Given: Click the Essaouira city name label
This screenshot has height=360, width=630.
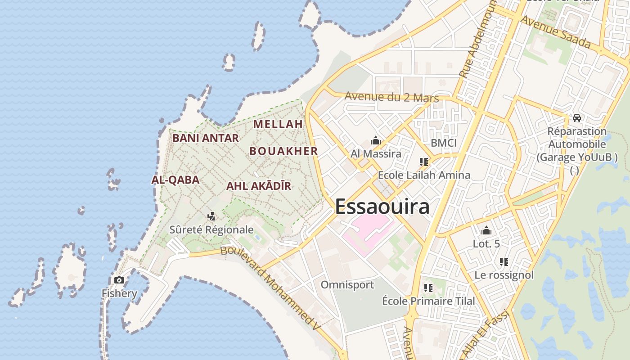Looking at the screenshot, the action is tap(382, 207).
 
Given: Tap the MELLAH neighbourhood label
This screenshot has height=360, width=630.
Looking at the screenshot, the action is tap(278, 124).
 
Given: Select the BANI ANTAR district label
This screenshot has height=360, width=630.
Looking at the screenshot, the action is tap(206, 138).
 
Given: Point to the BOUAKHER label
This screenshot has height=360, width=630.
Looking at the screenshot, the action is tap(284, 151).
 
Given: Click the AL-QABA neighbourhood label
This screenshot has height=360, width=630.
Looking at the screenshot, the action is tap(175, 180).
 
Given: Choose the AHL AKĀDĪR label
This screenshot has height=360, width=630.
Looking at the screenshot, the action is tap(259, 186).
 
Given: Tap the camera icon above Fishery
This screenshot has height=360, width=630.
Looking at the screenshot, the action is tap(119, 280).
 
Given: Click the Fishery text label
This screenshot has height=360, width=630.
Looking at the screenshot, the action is tap(119, 293).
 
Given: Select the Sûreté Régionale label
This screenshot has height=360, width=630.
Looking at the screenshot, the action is tap(211, 229).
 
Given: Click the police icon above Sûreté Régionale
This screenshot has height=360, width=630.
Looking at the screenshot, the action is tap(211, 216).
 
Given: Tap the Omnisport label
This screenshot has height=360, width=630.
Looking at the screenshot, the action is tap(347, 285).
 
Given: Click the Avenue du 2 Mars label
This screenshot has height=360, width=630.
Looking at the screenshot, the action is tap(391, 97).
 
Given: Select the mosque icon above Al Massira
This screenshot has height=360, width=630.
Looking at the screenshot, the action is tap(376, 141).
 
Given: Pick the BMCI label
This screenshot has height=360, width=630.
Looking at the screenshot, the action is tap(444, 143).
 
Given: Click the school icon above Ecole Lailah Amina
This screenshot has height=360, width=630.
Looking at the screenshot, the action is tap(423, 162).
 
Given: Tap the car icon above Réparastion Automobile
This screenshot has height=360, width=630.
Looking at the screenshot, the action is tap(577, 118).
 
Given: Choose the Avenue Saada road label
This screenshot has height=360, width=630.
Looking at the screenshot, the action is tap(555, 31).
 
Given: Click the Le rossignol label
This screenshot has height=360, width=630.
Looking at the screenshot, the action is tap(504, 275).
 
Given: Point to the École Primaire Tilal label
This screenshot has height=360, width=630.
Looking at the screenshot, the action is tap(428, 301).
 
